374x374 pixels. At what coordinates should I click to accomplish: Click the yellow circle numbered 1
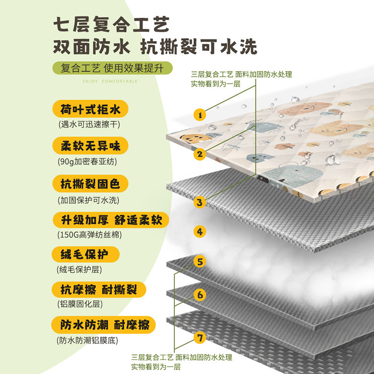200,114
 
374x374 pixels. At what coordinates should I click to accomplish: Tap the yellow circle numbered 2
200,153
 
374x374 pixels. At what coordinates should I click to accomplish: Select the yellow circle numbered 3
200,202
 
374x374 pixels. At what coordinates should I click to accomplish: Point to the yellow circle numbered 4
200,231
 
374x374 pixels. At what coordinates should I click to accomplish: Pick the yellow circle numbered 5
200,261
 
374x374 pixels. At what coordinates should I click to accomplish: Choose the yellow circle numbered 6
200,295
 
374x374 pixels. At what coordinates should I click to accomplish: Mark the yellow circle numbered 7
200,337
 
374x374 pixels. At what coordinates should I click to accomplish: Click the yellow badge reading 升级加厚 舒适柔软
111,219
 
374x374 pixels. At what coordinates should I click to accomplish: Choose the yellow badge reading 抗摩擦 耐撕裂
100,289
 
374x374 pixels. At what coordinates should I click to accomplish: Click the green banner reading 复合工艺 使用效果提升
113,68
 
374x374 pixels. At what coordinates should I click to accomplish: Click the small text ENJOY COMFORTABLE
110,81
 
